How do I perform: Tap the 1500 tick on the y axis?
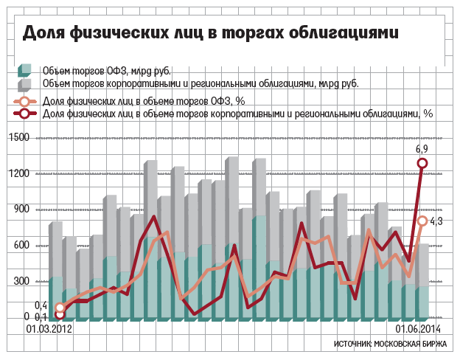coord(20,138)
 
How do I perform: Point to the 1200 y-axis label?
coord(20,174)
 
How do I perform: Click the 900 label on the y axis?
coord(23,210)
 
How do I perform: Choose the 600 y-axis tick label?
coord(23,246)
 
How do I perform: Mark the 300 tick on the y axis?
coord(23,282)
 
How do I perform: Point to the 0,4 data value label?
coord(41,305)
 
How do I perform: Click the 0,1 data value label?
coord(41,316)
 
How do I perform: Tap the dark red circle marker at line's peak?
coord(422,164)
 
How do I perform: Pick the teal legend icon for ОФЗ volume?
coord(24,71)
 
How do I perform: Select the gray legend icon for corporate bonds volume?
coord(24,83)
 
